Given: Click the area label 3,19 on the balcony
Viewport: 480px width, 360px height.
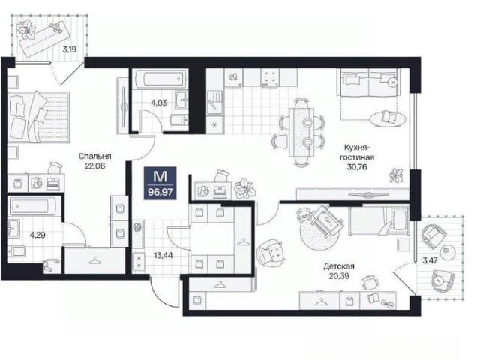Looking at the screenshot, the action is pyautogui.click(x=70, y=49).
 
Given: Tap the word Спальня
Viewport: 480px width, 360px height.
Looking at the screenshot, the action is pyautogui.click(x=95, y=157).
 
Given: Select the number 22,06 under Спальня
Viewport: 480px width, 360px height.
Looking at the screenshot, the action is pyautogui.click(x=95, y=166).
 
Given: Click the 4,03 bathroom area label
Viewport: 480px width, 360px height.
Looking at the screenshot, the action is pyautogui.click(x=158, y=103).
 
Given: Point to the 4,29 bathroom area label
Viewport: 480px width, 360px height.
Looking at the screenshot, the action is pyautogui.click(x=37, y=235).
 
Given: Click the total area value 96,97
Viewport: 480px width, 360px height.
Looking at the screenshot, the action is pyautogui.click(x=160, y=193).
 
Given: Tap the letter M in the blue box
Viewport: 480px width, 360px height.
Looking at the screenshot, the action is pyautogui.click(x=160, y=177).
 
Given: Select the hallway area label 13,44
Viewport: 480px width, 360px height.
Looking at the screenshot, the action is pyautogui.click(x=163, y=255).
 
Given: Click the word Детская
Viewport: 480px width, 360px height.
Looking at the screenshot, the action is pyautogui.click(x=339, y=266).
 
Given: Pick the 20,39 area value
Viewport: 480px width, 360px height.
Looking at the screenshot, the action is pyautogui.click(x=339, y=276).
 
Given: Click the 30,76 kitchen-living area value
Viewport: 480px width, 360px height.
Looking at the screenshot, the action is pyautogui.click(x=357, y=167).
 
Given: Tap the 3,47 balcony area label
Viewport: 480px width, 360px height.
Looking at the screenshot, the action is pyautogui.click(x=430, y=261).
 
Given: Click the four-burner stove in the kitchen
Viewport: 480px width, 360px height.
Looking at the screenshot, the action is pyautogui.click(x=270, y=77).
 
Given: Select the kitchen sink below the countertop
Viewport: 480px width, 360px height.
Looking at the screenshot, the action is pyautogui.click(x=215, y=102).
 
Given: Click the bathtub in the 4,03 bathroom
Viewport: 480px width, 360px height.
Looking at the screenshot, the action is pyautogui.click(x=160, y=79).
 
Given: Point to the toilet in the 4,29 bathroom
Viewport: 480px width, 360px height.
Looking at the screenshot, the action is pyautogui.click(x=16, y=251).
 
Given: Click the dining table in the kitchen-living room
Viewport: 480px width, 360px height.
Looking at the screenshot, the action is pyautogui.click(x=301, y=132).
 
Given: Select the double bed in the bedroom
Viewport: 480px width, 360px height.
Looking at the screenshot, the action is pyautogui.click(x=38, y=117).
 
